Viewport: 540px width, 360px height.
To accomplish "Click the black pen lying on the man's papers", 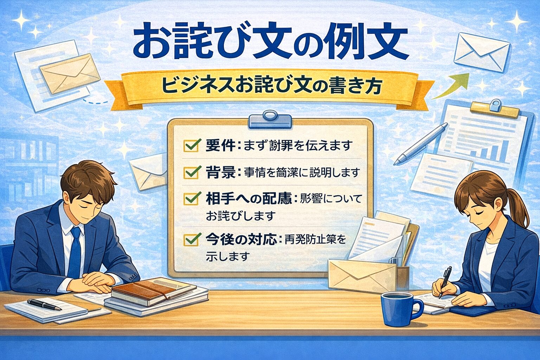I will click(44, 304).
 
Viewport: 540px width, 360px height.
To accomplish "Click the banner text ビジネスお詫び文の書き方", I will click(271, 87).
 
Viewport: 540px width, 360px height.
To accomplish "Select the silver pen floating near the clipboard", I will click(420, 144).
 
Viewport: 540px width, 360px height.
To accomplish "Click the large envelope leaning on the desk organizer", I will click(362, 275).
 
